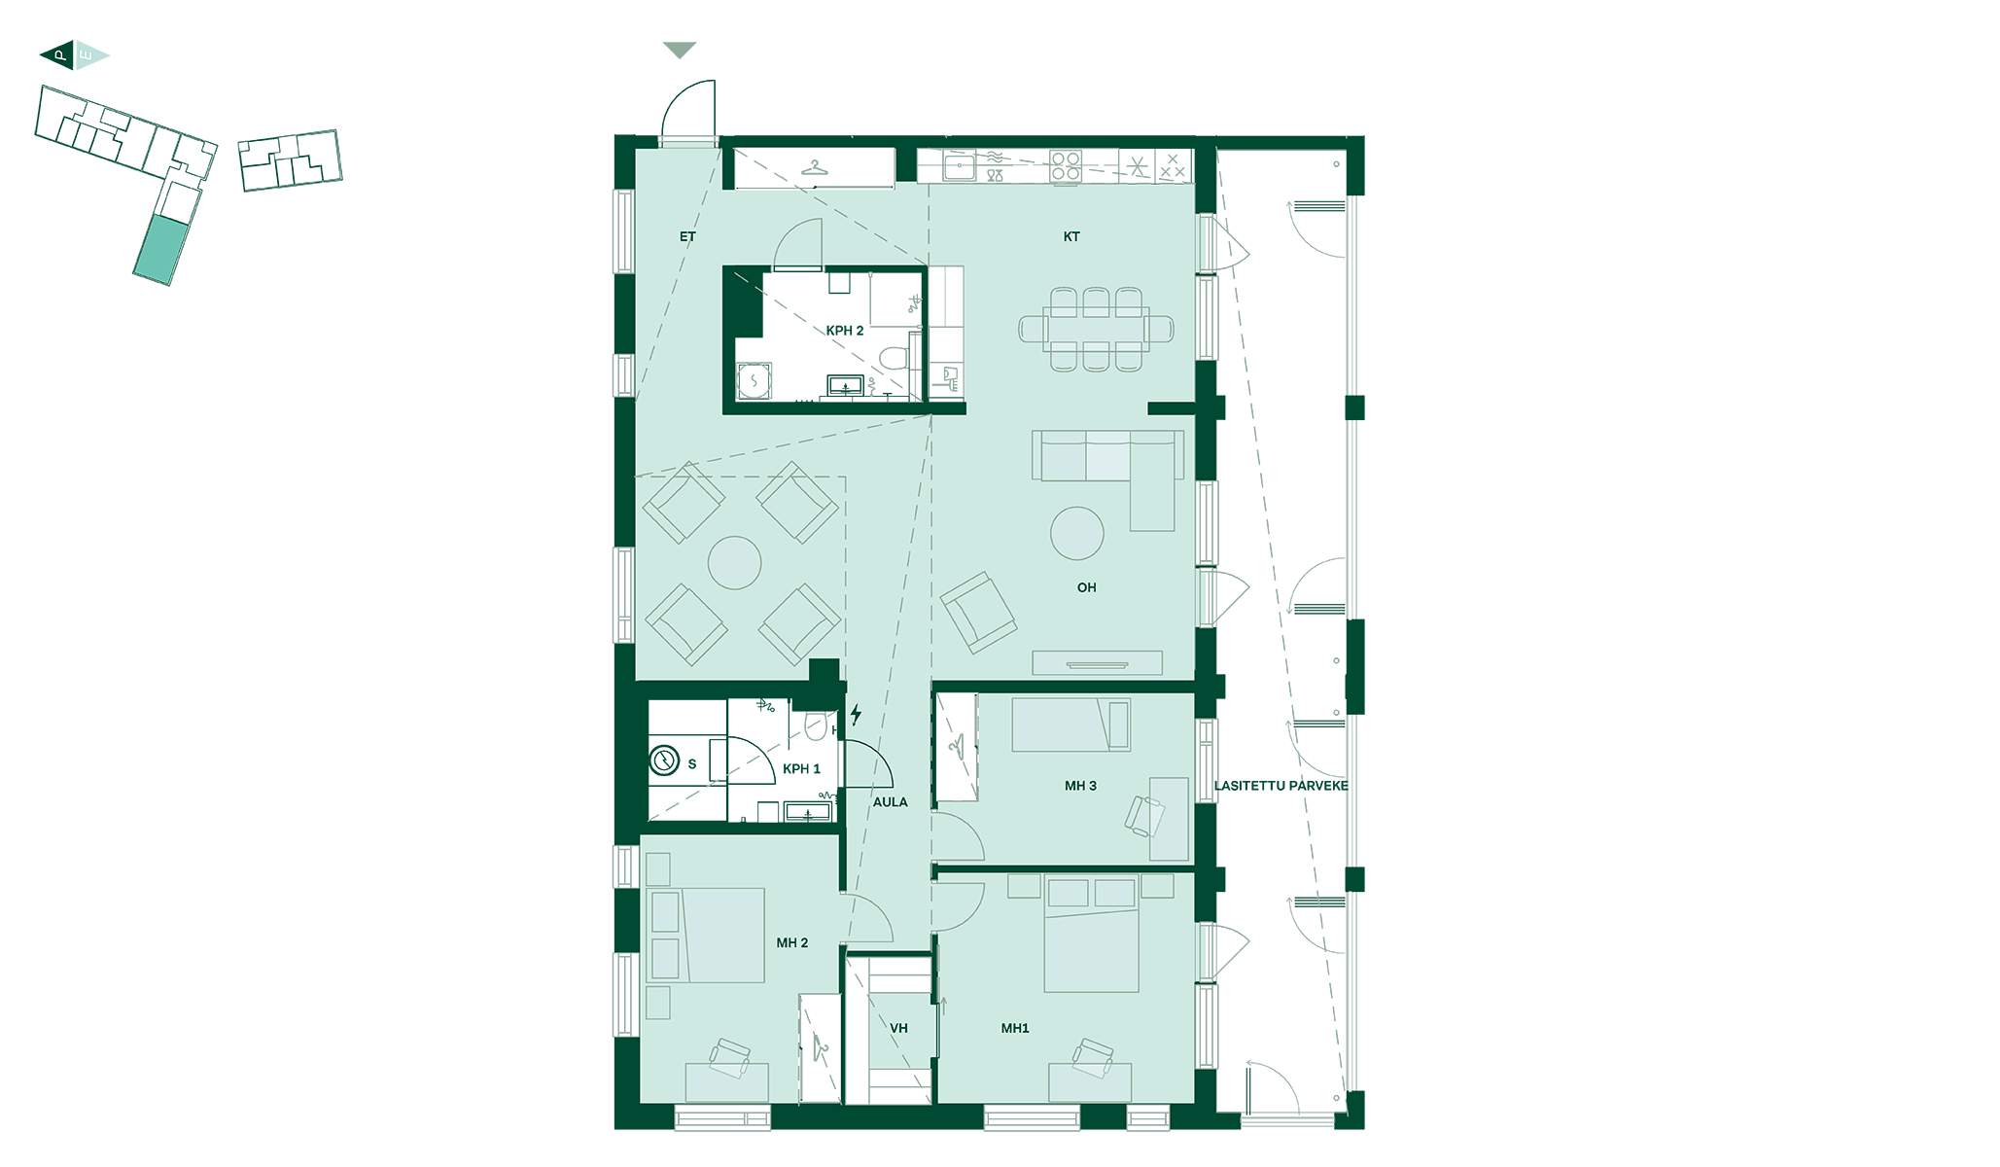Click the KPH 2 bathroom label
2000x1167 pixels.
click(844, 331)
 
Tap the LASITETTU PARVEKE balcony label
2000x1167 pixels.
click(1281, 786)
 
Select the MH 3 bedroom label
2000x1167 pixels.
click(1080, 786)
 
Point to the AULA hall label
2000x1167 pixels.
click(890, 802)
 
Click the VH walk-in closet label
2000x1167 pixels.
click(898, 1028)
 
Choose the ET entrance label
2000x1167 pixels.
click(687, 236)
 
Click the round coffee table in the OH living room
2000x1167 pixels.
click(1077, 533)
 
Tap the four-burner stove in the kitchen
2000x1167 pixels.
click(1066, 166)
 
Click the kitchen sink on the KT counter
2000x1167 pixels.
click(960, 167)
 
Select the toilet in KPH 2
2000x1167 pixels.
click(894, 358)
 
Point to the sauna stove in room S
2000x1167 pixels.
click(664, 760)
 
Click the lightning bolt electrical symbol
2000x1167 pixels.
click(856, 715)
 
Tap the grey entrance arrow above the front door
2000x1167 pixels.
click(680, 50)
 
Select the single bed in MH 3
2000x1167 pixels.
click(1070, 725)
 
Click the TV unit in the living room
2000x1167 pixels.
click(1097, 662)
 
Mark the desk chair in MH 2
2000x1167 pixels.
click(729, 1056)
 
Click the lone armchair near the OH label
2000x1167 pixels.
click(978, 612)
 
